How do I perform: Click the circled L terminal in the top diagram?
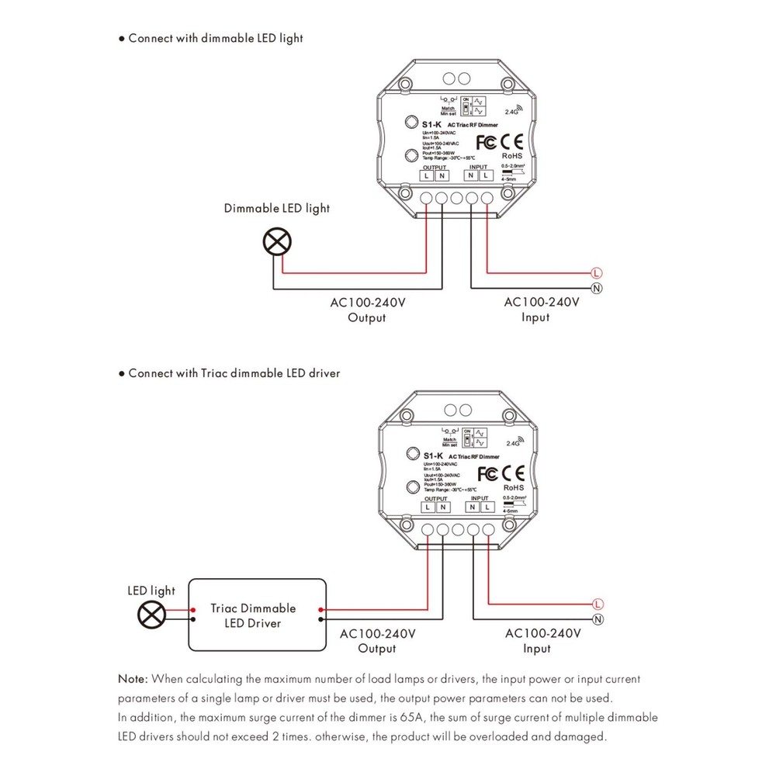pyautogui.click(x=596, y=273)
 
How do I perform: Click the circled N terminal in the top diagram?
pyautogui.click(x=596, y=289)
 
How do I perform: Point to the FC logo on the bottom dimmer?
pyautogui.click(x=487, y=473)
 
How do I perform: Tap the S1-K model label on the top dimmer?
pyautogui.click(x=431, y=124)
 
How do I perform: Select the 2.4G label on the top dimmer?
pyautogui.click(x=511, y=112)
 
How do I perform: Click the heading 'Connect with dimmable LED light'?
pyautogui.click(x=215, y=37)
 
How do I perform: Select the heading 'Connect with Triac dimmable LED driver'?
pyautogui.click(x=234, y=373)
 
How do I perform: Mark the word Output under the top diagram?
pyautogui.click(x=366, y=317)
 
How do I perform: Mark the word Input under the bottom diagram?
pyautogui.click(x=536, y=648)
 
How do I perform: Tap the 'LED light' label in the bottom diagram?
pyautogui.click(x=151, y=591)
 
